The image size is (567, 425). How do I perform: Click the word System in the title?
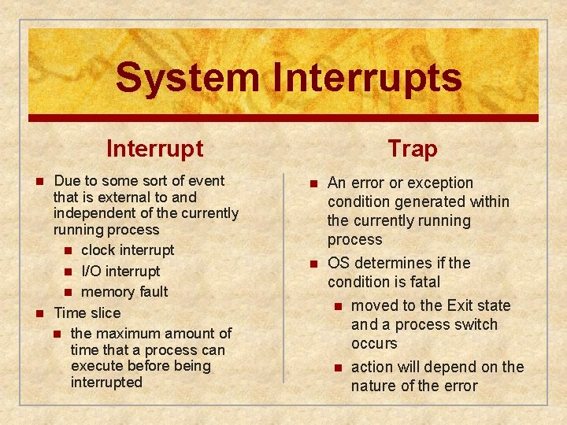tap(187, 77)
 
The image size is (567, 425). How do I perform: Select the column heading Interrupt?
tap(154, 148)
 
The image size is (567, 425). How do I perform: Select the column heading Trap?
tap(412, 149)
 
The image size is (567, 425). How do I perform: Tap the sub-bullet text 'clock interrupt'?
tap(128, 250)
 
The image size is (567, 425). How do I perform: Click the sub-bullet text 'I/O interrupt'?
tap(120, 271)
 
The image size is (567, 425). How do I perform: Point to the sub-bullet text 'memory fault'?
tap(124, 291)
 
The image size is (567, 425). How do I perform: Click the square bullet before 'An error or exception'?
tap(313, 183)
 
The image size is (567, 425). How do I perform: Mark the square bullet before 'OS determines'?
tap(313, 263)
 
